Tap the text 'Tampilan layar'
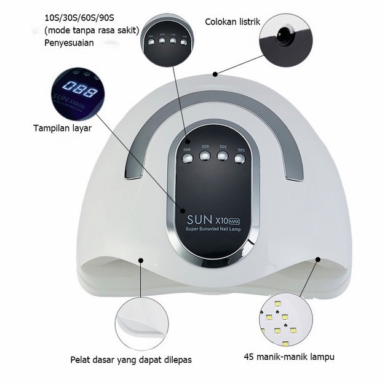(x=62, y=129)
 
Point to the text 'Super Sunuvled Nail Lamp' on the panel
(x=213, y=229)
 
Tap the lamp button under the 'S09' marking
(x=205, y=157)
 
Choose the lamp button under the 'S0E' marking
(x=223, y=156)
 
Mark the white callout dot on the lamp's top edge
(x=215, y=74)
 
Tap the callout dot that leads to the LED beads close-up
(x=319, y=260)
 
